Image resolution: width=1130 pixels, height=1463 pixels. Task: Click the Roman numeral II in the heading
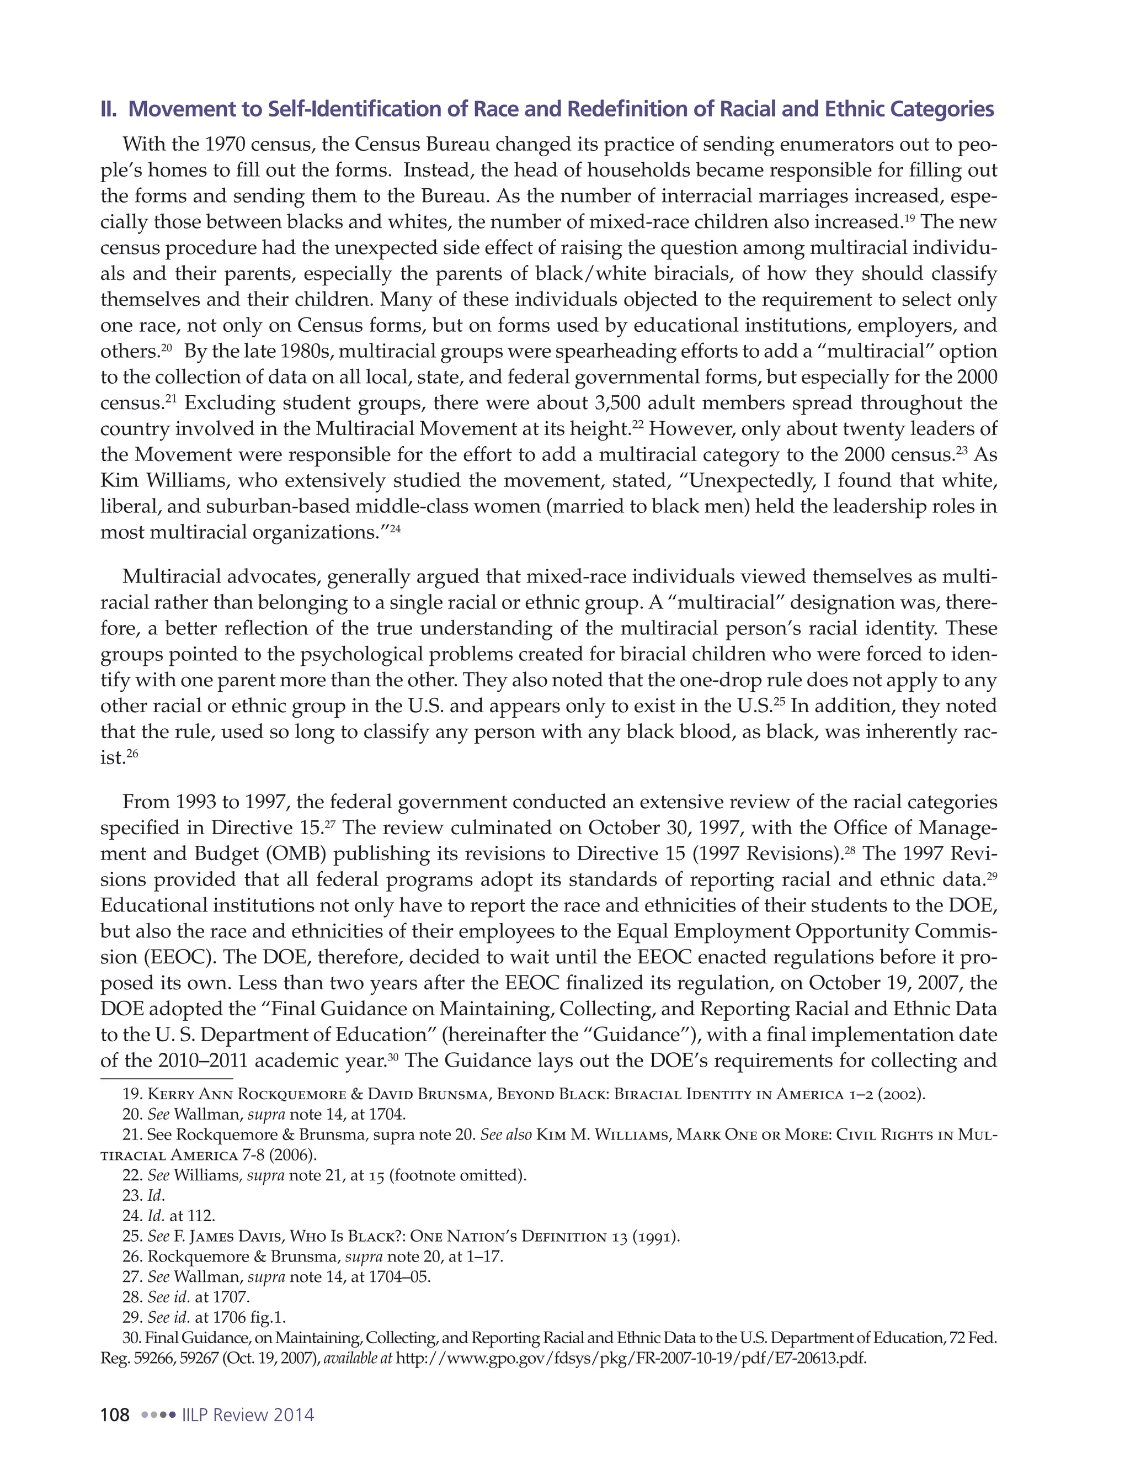click(107, 109)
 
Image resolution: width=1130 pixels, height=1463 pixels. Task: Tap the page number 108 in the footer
click(114, 1415)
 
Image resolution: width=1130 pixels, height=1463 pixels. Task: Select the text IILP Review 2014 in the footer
click(248, 1415)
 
